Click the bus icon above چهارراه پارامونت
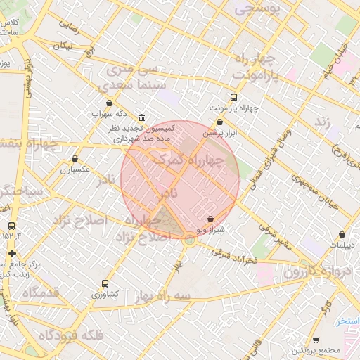(233, 98)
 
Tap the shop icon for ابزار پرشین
(220, 122)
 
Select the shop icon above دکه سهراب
(109, 103)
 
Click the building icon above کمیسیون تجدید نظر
(142, 117)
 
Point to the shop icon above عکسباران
(75, 159)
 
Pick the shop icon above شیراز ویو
(211, 219)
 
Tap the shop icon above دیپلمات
(342, 235)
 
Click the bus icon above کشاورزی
(105, 283)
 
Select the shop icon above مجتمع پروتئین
(316, 340)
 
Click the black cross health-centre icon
(11, 253)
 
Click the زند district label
(322, 122)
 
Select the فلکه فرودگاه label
(71, 335)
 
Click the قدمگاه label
(40, 291)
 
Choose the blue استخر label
(347, 321)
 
